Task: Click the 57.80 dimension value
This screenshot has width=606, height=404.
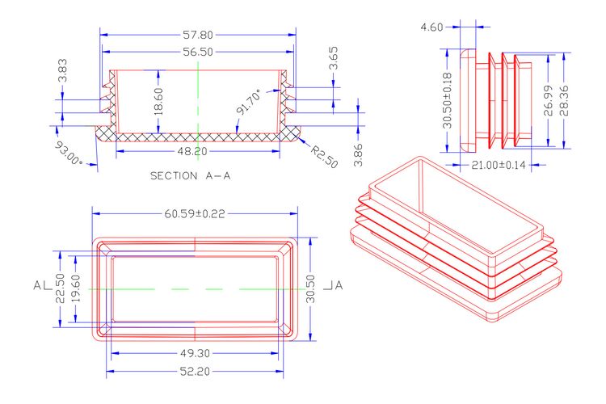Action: coord(198,35)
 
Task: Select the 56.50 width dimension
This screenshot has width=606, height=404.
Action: coord(198,52)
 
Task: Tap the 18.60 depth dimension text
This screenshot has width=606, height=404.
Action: coord(158,102)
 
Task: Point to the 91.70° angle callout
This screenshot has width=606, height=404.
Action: coord(249,102)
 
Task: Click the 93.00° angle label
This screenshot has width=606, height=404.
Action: coord(69,154)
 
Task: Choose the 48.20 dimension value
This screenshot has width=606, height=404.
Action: coord(192,151)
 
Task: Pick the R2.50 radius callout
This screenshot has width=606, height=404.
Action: coord(324,157)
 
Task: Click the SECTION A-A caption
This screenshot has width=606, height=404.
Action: coord(190,176)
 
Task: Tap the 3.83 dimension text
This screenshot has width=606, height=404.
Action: coord(62,70)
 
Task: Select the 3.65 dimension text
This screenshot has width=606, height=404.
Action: coord(333,58)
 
